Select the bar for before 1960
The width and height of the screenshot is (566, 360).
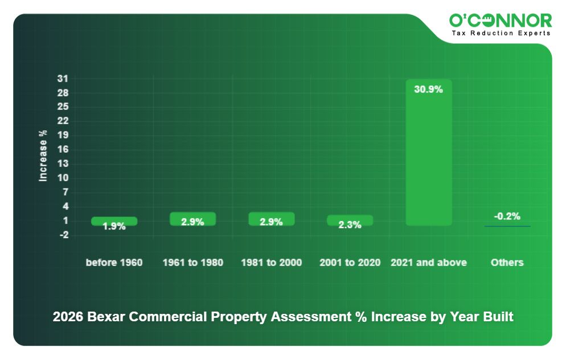(114, 221)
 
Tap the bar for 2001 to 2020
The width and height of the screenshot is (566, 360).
(350, 220)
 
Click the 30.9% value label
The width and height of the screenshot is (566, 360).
(428, 89)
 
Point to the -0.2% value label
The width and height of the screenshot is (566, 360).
(507, 216)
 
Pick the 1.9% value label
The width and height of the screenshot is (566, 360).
(114, 226)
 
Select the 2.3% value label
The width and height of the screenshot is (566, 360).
(350, 225)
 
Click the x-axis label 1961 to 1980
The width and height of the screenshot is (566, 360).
(192, 263)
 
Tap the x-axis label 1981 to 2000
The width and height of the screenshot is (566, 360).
(271, 263)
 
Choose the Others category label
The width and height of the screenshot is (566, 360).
(507, 263)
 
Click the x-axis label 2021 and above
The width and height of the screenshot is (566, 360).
(428, 263)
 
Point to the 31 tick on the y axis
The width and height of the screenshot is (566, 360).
(63, 79)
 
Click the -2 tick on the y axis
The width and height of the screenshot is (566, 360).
(63, 235)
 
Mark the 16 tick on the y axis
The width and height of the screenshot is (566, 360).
(63, 149)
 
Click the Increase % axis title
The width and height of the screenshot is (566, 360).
(43, 156)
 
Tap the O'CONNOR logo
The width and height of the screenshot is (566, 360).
(501, 21)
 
